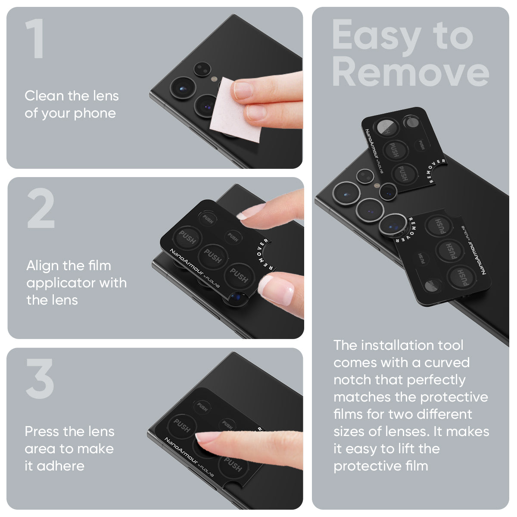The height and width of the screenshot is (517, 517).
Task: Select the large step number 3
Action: tap(40, 379)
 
